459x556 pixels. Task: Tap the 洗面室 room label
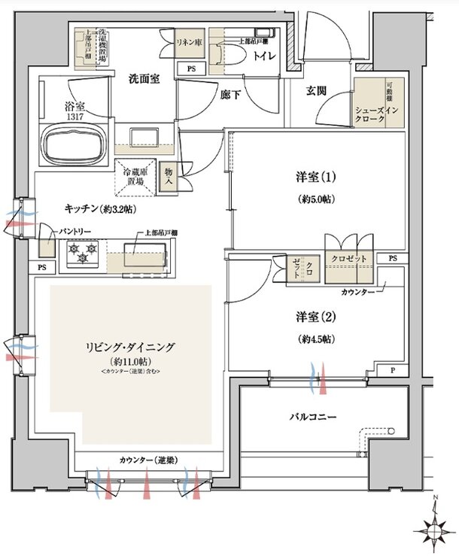(x=143, y=78)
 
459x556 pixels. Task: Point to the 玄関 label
(x=316, y=91)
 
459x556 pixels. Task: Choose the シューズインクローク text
(x=380, y=114)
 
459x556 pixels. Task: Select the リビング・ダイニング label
(x=131, y=347)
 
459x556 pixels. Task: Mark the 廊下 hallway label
(x=231, y=95)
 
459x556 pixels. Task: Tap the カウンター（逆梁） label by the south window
(x=147, y=460)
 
